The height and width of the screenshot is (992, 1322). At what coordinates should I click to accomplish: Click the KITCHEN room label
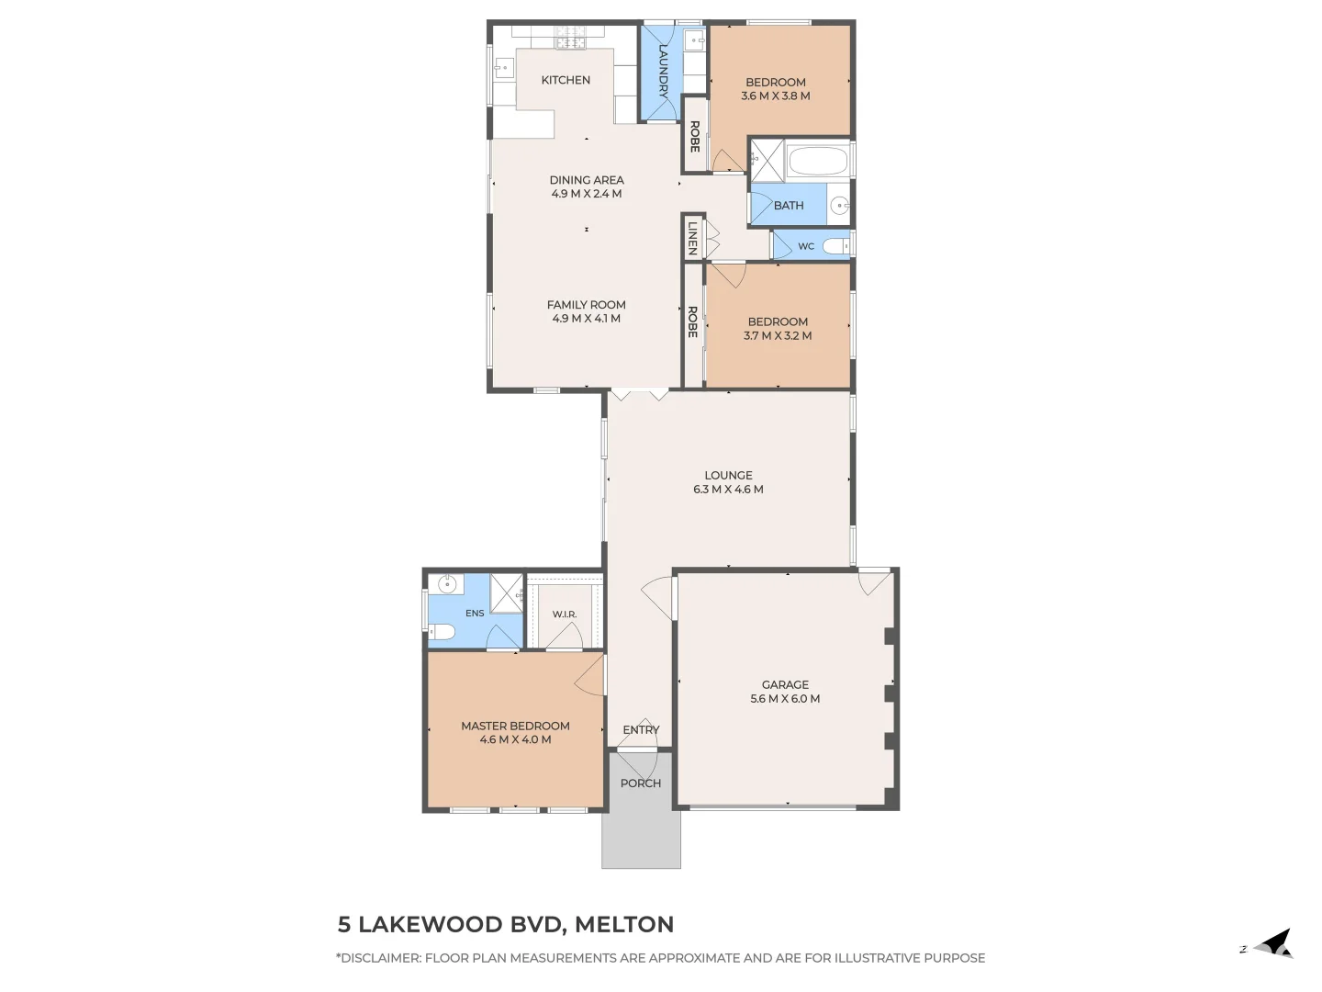click(566, 80)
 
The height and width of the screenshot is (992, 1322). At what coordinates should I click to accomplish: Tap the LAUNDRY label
click(663, 71)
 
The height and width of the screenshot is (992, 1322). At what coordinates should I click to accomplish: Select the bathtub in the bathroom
click(818, 161)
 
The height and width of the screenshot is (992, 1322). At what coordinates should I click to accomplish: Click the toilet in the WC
click(836, 246)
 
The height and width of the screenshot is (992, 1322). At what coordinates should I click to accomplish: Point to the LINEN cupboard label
click(692, 239)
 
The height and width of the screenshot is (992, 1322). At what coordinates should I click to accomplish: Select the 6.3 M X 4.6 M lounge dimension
click(728, 490)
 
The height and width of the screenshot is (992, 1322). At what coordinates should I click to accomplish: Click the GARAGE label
click(785, 685)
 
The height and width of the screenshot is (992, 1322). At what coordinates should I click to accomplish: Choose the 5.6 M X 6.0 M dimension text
click(785, 699)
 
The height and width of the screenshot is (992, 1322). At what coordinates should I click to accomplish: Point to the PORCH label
click(641, 783)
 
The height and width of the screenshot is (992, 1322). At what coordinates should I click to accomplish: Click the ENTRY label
click(641, 730)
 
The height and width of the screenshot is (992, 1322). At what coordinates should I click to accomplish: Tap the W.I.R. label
click(565, 614)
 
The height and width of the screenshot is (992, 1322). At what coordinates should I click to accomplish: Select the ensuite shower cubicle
click(506, 594)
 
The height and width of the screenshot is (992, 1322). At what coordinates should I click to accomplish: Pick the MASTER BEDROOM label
click(516, 727)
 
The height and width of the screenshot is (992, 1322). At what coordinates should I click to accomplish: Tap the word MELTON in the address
click(624, 925)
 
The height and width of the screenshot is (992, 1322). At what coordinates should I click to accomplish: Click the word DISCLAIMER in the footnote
click(380, 958)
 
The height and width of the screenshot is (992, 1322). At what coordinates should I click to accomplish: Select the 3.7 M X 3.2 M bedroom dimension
click(778, 336)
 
